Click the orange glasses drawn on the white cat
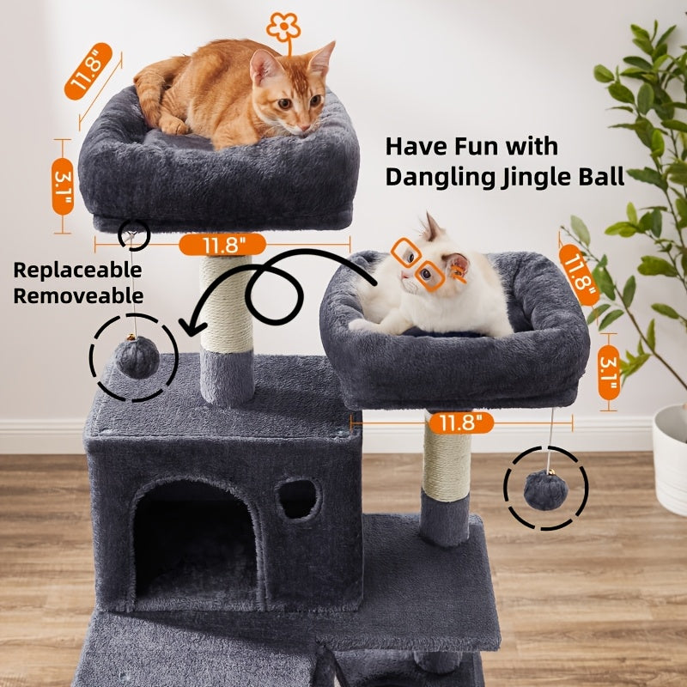(x=418, y=262)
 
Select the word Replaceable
(x=77, y=271)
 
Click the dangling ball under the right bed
(x=546, y=490)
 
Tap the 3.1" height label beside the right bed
(x=609, y=374)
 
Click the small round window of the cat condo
(x=298, y=498)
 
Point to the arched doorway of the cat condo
(x=196, y=541)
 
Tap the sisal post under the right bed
(x=447, y=464)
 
